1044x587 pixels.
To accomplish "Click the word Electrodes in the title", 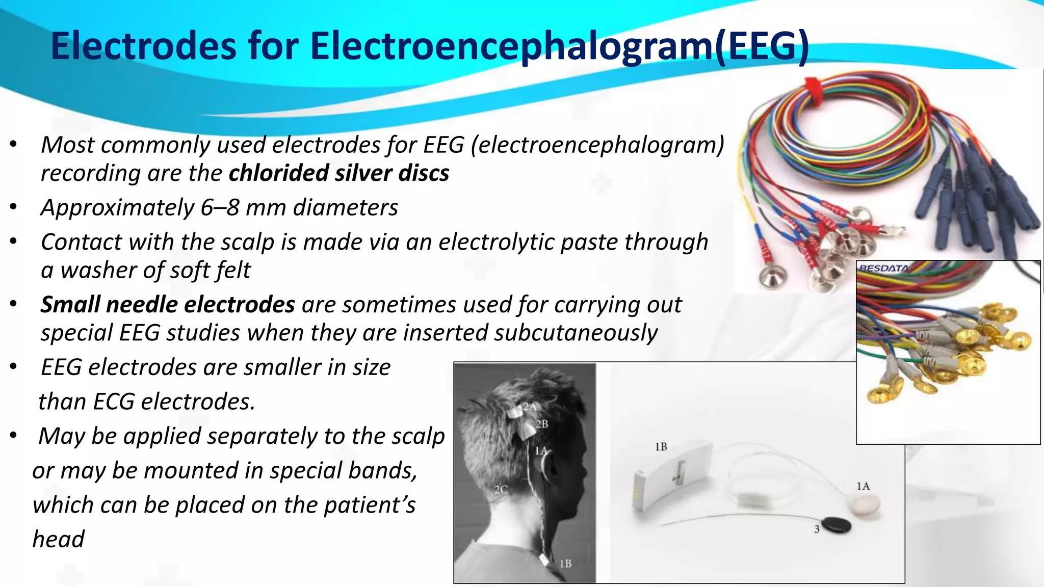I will click(144, 46).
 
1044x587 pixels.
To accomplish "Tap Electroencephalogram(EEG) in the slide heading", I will click(559, 47).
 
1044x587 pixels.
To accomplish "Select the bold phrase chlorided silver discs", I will click(339, 173).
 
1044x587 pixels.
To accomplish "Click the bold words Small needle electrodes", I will click(168, 305).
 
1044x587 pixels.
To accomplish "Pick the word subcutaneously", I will click(576, 333).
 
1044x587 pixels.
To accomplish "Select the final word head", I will click(58, 539).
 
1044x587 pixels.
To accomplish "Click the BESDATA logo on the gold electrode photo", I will click(883, 268).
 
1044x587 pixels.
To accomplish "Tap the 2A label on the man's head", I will click(530, 407).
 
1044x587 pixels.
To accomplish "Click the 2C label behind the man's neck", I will click(501, 490).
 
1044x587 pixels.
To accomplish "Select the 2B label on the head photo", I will click(541, 424).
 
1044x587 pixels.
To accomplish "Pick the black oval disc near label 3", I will click(837, 524).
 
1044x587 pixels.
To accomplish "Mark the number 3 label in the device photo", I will click(817, 529).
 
